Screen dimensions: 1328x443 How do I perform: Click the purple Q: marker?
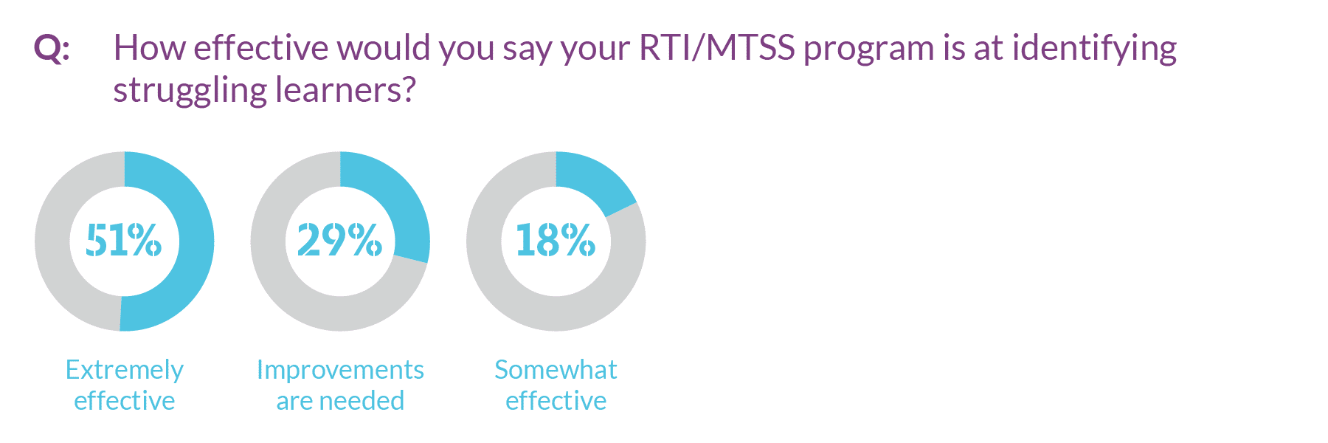(x=52, y=49)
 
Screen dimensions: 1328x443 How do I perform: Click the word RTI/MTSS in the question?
(x=716, y=48)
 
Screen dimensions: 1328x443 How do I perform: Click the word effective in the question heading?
(x=260, y=48)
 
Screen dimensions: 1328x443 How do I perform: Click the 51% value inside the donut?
(x=123, y=241)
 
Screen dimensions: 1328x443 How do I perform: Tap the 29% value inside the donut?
(x=339, y=241)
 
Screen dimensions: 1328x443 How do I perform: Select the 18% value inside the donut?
(x=556, y=241)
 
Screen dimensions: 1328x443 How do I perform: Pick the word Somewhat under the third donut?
(x=556, y=369)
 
